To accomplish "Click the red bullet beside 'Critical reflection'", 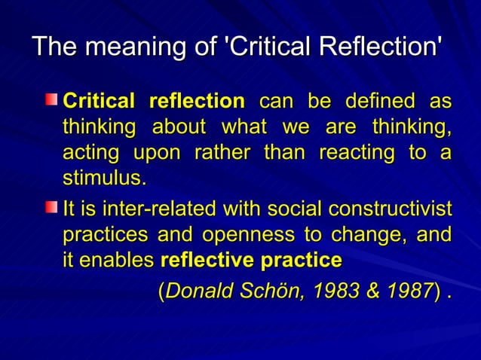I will [x=51, y=99].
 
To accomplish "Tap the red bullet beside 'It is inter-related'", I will [x=51, y=206].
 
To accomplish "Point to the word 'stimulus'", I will [x=102, y=179].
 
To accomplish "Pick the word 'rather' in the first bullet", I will [x=222, y=153].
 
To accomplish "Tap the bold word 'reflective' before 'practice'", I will [x=207, y=261].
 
